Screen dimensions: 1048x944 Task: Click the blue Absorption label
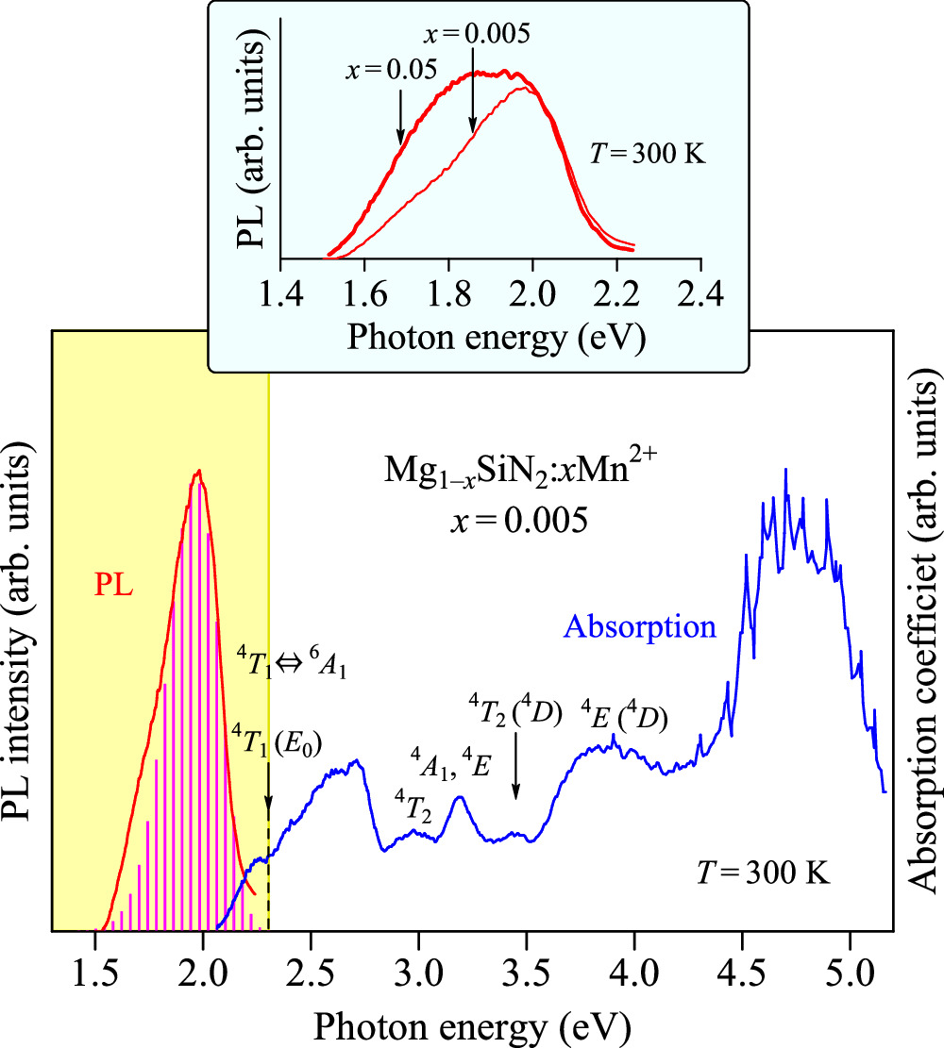[639, 625]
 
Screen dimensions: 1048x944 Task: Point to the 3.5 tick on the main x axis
[526, 929]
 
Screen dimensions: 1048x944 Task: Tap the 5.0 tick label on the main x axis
[850, 969]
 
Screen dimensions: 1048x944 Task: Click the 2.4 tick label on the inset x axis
[700, 296]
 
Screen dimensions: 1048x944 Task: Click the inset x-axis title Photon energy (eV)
[496, 337]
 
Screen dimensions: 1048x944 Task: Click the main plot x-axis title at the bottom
[472, 1023]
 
